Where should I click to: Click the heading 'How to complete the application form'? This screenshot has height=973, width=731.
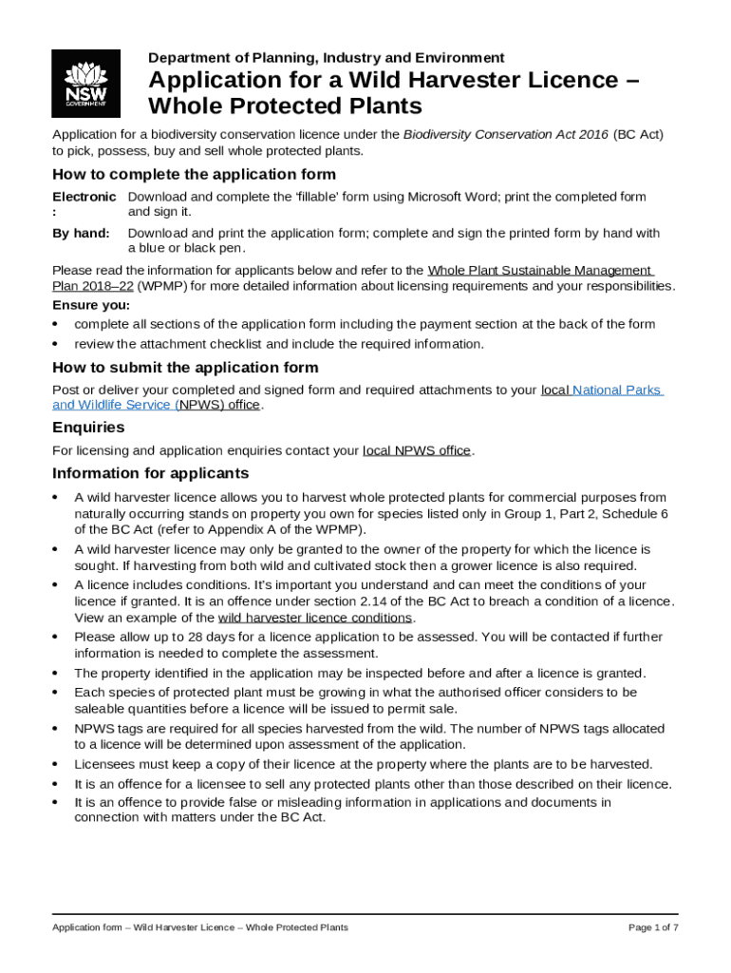point(194,175)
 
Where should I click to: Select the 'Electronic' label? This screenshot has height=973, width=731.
point(84,197)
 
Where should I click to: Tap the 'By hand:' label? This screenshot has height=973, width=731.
point(81,233)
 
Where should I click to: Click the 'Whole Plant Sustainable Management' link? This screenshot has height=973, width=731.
point(539,271)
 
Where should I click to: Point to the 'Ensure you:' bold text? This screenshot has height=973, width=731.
point(91,306)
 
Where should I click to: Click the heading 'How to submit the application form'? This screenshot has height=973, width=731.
point(185,368)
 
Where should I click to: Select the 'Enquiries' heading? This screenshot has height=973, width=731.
point(88,429)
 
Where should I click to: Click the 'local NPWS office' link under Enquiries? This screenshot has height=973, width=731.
point(417,450)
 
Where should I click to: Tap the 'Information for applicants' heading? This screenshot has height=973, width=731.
point(150,473)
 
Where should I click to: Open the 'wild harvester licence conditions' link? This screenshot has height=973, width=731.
point(314,618)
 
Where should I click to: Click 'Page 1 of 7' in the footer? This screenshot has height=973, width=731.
point(653,927)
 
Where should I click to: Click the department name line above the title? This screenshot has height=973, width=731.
point(326,58)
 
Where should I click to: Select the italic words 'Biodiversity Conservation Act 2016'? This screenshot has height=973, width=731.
point(505,135)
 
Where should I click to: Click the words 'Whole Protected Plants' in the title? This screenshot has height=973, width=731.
point(285,105)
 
